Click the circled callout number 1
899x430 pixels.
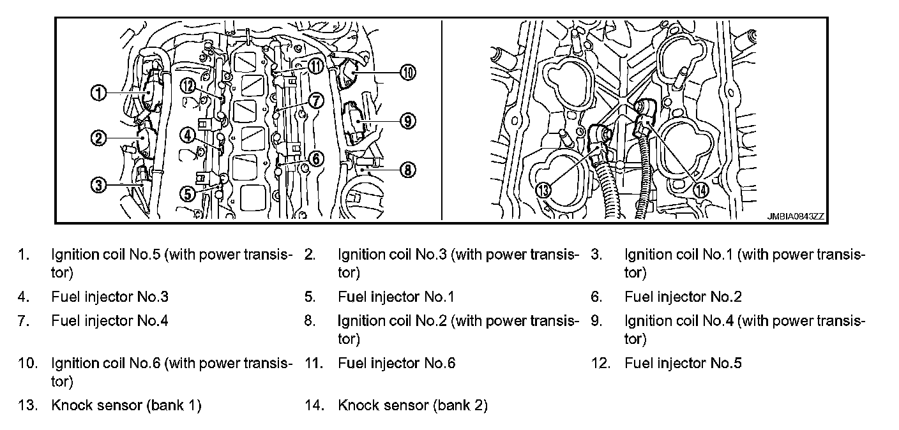[x=98, y=93]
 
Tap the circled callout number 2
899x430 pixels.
[x=98, y=137]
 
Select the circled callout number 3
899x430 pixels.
[x=98, y=186]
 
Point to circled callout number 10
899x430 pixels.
[x=408, y=72]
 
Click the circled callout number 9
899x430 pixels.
[x=408, y=119]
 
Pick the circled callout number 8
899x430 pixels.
[x=408, y=169]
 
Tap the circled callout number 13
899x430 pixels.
[x=543, y=189]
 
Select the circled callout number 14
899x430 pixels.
[x=701, y=189]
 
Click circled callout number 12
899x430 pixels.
[x=187, y=86]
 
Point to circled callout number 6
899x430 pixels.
[x=317, y=158]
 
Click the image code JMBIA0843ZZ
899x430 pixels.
[x=796, y=216]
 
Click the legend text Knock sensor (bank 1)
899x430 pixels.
[x=126, y=406]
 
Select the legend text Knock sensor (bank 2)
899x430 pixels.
[x=412, y=406]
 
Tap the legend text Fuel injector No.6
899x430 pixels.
[x=397, y=364]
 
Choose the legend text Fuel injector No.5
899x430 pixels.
[x=683, y=364]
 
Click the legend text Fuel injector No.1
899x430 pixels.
[x=397, y=297]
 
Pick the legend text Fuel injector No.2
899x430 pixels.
[x=683, y=297]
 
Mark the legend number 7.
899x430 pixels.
[x=22, y=321]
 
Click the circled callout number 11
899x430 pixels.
[x=316, y=66]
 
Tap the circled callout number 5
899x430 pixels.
[x=187, y=193]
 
